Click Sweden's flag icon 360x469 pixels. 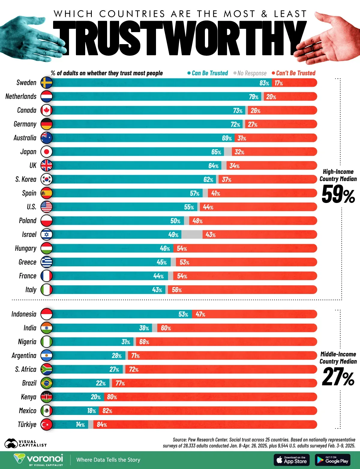(x=46, y=83)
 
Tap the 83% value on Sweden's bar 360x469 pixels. (x=264, y=83)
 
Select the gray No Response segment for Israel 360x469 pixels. (x=192, y=234)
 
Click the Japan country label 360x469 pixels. (x=28, y=152)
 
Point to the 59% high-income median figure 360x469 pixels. (x=338, y=195)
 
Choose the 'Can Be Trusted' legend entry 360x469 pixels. (x=208, y=73)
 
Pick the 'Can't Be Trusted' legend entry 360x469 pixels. (x=294, y=73)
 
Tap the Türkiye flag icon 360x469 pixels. (x=46, y=425)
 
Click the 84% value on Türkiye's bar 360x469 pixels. (x=102, y=425)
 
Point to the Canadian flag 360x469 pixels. (x=46, y=110)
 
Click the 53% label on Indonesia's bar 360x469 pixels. (x=183, y=314)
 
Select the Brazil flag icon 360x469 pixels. (x=46, y=383)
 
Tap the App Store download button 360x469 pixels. (x=291, y=460)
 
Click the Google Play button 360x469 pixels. (x=333, y=460)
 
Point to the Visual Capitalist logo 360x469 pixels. (x=25, y=443)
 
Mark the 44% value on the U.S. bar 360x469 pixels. (x=208, y=207)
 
